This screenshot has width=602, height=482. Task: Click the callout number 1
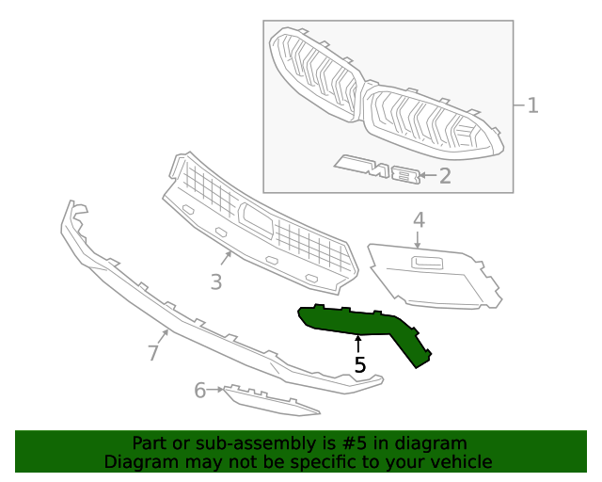coord(531,104)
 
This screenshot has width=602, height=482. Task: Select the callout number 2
coord(445,175)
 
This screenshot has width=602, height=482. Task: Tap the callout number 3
coord(215,281)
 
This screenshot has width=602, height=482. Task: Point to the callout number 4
coord(419,219)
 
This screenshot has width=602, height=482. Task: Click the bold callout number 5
coord(359,364)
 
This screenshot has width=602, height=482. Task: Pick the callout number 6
coord(199,390)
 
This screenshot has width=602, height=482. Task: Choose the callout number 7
coord(152,353)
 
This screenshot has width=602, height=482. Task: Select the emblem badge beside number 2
coord(376,169)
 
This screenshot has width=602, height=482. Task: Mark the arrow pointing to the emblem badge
coord(427,175)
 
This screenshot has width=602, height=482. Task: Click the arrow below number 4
coord(419,240)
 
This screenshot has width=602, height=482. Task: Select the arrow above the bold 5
coord(358,343)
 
